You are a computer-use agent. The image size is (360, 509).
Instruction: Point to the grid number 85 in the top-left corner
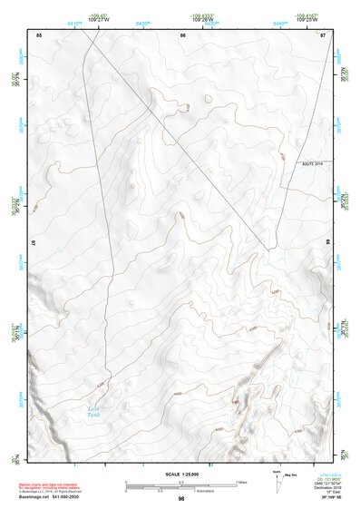click(x=38, y=34)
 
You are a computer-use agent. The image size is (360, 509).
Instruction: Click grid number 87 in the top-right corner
click(x=324, y=34)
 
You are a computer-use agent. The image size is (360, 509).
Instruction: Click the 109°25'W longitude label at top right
click(x=306, y=19)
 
